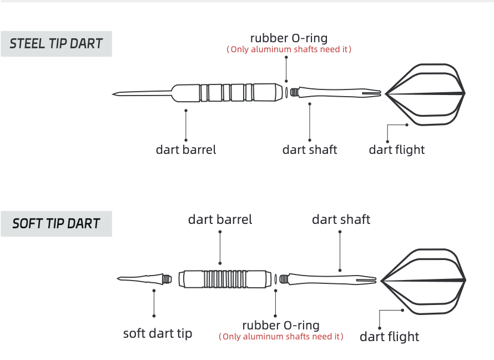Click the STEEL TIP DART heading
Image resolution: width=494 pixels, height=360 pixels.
[x=56, y=44]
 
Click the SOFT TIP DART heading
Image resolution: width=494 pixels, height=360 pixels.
[x=56, y=224]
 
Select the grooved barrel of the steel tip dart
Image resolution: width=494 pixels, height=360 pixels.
[x=228, y=92]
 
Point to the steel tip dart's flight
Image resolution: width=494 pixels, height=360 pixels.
[x=427, y=93]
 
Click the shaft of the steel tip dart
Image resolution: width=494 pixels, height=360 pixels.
[x=333, y=92]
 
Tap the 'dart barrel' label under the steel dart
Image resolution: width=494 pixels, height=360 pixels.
[x=186, y=149]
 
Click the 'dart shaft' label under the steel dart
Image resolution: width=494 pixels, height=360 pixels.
[x=310, y=149]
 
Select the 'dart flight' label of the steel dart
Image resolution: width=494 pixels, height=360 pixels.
[x=397, y=149]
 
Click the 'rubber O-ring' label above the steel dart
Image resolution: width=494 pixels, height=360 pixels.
[x=289, y=38]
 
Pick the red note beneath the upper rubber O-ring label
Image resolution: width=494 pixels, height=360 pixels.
[x=289, y=49]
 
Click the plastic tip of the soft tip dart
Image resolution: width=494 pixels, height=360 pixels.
[x=142, y=277]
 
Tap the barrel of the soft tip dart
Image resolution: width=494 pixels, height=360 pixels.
[x=228, y=278]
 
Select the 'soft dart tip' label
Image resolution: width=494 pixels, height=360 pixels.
[x=158, y=333]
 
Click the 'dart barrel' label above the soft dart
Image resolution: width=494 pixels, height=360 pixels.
[x=220, y=219]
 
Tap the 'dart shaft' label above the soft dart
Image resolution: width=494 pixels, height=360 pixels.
[x=341, y=219]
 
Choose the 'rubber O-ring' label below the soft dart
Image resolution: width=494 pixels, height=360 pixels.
[x=281, y=326]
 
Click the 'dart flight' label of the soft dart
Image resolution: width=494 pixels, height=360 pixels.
[x=390, y=337]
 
